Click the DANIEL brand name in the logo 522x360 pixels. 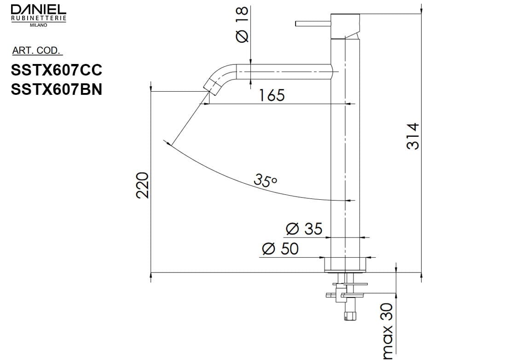click(x=38, y=9)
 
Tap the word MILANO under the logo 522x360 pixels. click(x=38, y=25)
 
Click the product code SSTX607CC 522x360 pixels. click(x=56, y=70)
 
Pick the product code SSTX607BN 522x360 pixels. click(x=56, y=89)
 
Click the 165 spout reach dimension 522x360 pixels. click(x=272, y=95)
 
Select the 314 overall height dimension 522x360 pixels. click(x=413, y=136)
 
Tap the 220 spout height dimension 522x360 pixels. click(x=143, y=185)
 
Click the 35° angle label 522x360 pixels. click(x=266, y=180)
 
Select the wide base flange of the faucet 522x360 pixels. click(x=345, y=264)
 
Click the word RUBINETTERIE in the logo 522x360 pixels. click(x=38, y=18)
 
